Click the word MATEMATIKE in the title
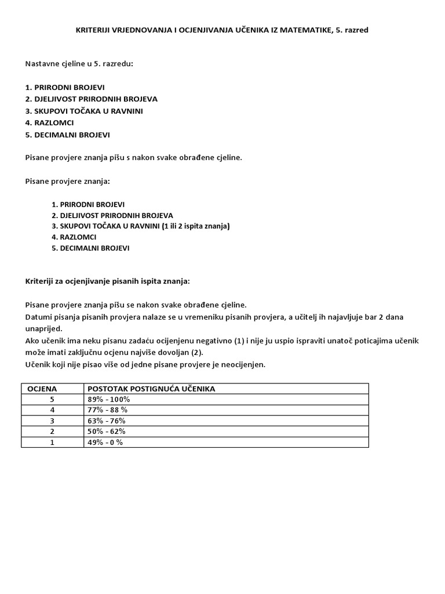click(x=301, y=30)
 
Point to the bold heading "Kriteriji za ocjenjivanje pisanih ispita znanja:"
click(x=107, y=281)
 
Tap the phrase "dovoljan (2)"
click(x=184, y=352)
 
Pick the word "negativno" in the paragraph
click(x=209, y=340)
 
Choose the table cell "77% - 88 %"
click(x=107, y=410)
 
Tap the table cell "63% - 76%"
click(x=106, y=421)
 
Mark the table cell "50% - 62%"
click(x=106, y=431)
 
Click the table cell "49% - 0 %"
click(x=105, y=442)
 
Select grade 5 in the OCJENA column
click(x=52, y=399)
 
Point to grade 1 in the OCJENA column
click(x=52, y=442)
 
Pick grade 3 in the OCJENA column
click(x=52, y=421)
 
